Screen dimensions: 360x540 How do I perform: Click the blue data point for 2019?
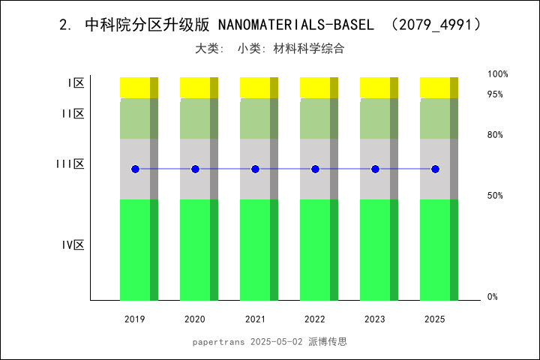pyautogui.click(x=135, y=169)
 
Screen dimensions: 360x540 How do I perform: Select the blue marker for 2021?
pyautogui.click(x=255, y=169)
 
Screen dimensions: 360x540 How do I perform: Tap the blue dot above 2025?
pyautogui.click(x=435, y=169)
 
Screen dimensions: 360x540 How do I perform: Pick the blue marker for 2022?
pyautogui.click(x=315, y=169)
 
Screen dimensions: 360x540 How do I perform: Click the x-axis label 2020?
pyautogui.click(x=195, y=319)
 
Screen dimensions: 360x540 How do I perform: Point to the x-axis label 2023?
pyautogui.click(x=375, y=319)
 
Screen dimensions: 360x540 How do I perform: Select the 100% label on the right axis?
pyautogui.click(x=497, y=74)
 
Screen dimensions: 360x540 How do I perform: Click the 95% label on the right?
pyautogui.click(x=495, y=94)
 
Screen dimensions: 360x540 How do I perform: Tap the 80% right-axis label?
pyautogui.click(x=495, y=135)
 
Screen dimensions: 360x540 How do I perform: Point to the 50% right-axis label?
pyautogui.click(x=495, y=196)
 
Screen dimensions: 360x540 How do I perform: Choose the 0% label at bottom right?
pyautogui.click(x=492, y=297)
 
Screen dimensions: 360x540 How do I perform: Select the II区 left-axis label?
pyautogui.click(x=73, y=114)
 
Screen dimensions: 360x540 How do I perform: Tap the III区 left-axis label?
pyautogui.click(x=70, y=164)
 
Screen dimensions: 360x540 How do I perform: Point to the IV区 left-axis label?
pyautogui.click(x=73, y=245)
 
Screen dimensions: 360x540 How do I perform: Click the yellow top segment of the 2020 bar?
pyautogui.click(x=195, y=87)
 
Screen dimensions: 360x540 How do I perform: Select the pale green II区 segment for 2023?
pyautogui.click(x=375, y=118)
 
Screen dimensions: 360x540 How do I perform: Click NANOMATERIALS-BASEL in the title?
pyautogui.click(x=295, y=25)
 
